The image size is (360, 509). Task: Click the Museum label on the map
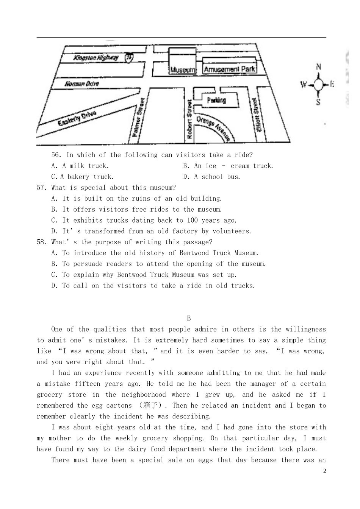point(183,70)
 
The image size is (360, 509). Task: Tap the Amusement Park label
point(230,69)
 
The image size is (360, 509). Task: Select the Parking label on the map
point(216,100)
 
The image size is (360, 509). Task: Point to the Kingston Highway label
point(96,58)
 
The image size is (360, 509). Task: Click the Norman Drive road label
point(82,84)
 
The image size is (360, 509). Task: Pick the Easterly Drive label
point(77,118)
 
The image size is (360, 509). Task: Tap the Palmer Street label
point(138,117)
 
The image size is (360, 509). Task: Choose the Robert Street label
point(190,119)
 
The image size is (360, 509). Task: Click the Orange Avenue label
point(213,128)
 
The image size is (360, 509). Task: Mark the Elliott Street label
point(257,115)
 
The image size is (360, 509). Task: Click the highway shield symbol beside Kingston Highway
point(129,57)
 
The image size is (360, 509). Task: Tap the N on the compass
point(319,67)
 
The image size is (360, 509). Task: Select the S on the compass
point(318,102)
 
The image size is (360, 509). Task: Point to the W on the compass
point(304,85)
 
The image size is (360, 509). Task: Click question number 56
point(56,155)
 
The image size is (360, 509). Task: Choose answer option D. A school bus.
point(212,177)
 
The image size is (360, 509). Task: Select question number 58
point(42,242)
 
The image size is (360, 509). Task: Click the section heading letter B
point(189,318)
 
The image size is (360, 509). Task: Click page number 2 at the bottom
point(325,471)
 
